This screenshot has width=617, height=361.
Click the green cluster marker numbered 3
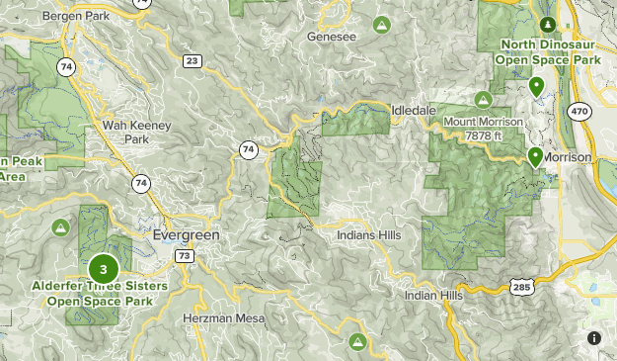pyautogui.click(x=104, y=269)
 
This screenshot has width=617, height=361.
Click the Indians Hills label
pyautogui.click(x=372, y=236)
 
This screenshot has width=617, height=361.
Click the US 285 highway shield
pyautogui.click(x=522, y=287)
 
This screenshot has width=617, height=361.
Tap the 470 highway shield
pyautogui.click(x=579, y=111)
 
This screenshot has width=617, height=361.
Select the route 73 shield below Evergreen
pyautogui.click(x=184, y=255)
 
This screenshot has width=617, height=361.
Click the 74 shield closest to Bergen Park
pyautogui.click(x=66, y=67)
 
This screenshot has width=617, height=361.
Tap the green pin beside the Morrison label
pyautogui.click(x=534, y=156)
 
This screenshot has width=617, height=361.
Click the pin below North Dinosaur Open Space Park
pyautogui.click(x=536, y=86)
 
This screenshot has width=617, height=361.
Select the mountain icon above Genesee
pyautogui.click(x=382, y=23)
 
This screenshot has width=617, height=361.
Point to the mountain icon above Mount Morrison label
pyautogui.click(x=483, y=99)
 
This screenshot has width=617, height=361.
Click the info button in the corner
pyautogui.click(x=594, y=338)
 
